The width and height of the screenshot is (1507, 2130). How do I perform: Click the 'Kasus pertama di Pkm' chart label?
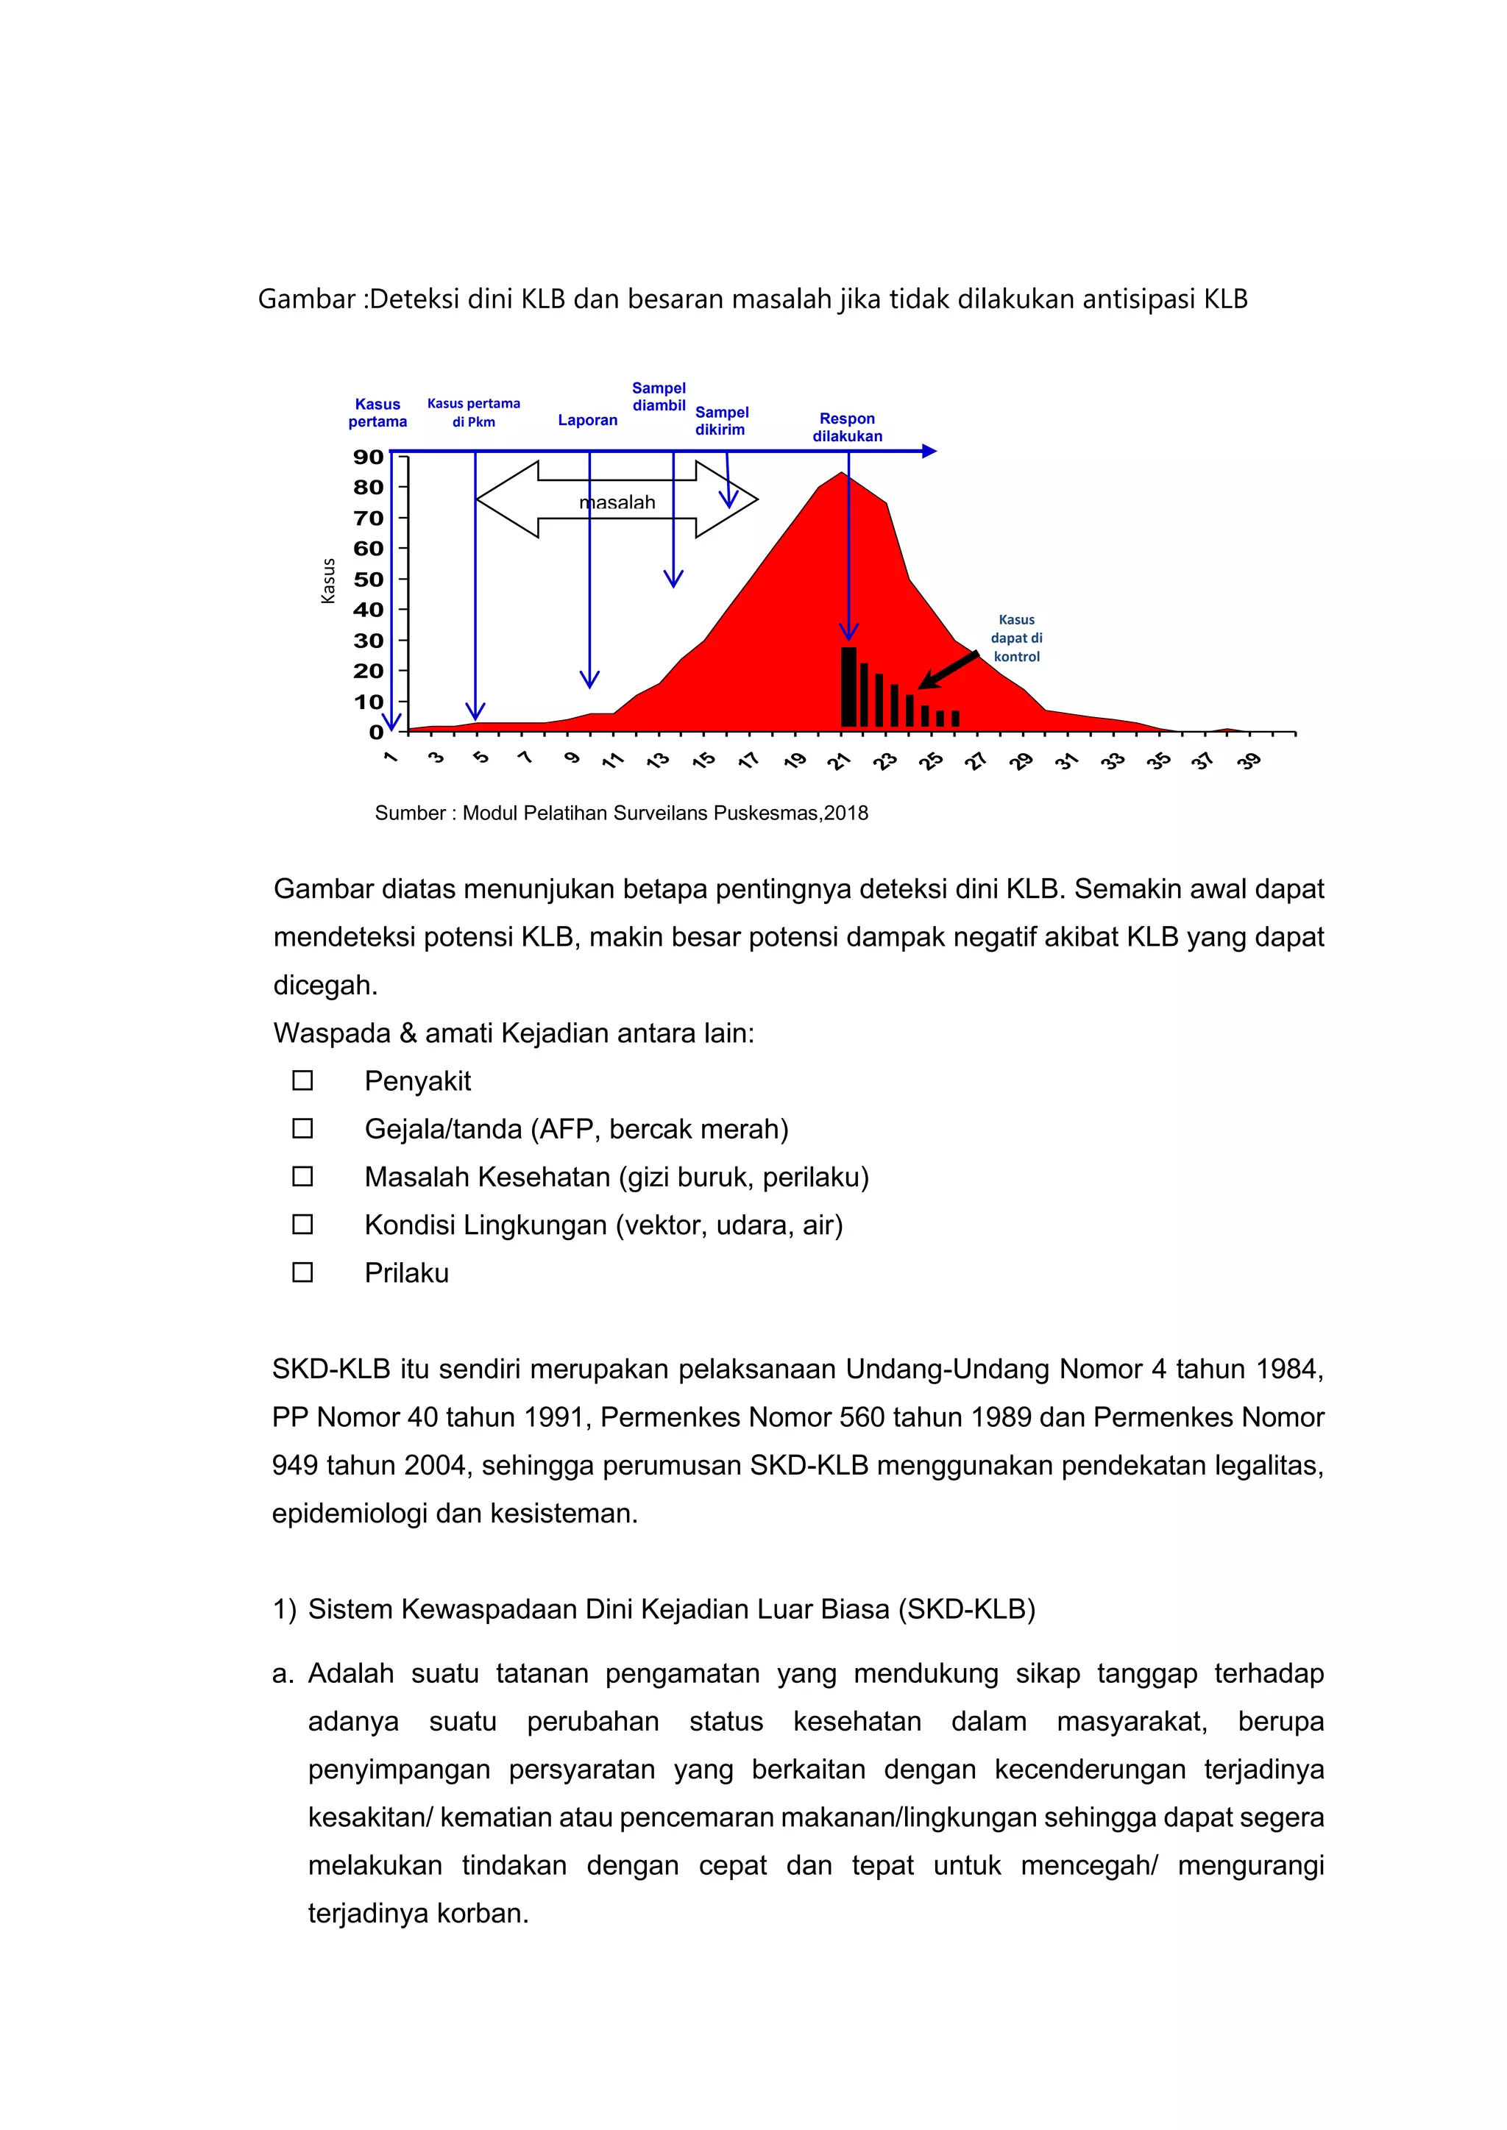click(473, 413)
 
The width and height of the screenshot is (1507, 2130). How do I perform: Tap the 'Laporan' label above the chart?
click(587, 420)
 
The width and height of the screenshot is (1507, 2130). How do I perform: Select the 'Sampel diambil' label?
click(659, 397)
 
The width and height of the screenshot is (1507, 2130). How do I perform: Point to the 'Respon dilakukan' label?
click(847, 427)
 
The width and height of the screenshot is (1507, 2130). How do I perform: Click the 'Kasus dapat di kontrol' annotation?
click(1016, 638)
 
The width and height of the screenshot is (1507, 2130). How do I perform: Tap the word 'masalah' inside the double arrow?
click(618, 503)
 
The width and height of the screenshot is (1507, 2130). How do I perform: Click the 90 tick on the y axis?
click(369, 457)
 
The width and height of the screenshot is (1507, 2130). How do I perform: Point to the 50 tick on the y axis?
click(369, 580)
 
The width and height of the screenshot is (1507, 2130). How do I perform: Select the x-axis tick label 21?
click(839, 762)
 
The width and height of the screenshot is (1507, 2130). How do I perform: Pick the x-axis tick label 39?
click(1249, 762)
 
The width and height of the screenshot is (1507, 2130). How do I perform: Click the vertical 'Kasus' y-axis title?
click(327, 582)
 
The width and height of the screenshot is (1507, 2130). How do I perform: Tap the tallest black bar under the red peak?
click(848, 686)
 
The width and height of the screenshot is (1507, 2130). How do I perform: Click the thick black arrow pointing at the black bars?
click(948, 671)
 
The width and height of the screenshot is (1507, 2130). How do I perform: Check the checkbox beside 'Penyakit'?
click(302, 1080)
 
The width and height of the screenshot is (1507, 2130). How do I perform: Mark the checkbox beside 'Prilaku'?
click(302, 1273)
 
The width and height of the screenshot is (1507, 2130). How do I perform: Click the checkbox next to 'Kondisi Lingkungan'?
click(302, 1225)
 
